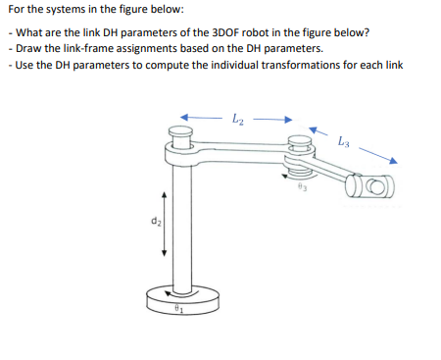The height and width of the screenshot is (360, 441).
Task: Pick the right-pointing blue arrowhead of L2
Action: click(x=288, y=121)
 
